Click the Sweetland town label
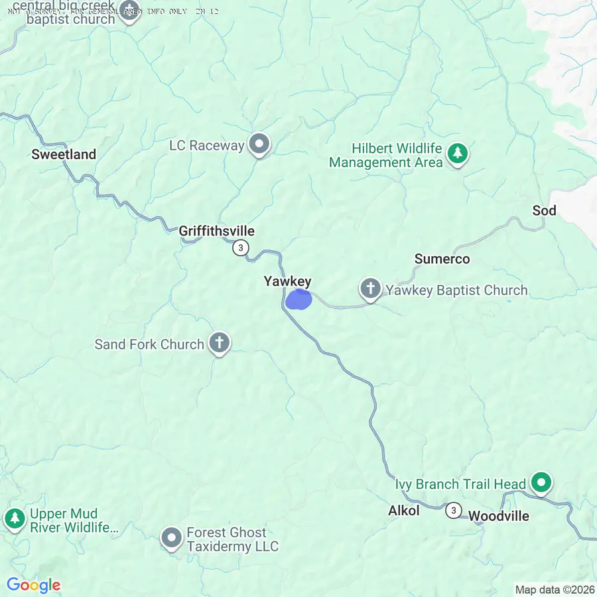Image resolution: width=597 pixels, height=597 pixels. (64, 155)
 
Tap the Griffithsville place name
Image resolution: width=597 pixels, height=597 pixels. (216, 231)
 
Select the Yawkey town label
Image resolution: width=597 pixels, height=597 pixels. (287, 281)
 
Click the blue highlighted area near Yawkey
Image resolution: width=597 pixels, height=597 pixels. (298, 300)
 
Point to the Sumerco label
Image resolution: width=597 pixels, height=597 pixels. (442, 259)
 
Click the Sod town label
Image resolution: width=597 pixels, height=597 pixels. (544, 210)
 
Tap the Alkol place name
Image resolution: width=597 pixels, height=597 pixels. (404, 511)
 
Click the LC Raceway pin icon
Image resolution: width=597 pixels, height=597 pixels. (259, 144)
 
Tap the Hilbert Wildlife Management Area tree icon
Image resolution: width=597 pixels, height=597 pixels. (457, 153)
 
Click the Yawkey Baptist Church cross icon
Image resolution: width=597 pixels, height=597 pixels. (370, 289)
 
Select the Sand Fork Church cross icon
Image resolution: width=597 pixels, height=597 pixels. (219, 343)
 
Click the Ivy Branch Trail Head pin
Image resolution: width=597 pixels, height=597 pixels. (541, 483)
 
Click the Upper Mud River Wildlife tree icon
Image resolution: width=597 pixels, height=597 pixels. (14, 518)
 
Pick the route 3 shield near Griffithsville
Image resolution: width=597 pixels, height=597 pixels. (241, 248)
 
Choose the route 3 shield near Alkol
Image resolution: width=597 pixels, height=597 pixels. (453, 510)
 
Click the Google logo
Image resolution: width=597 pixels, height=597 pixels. (34, 585)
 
